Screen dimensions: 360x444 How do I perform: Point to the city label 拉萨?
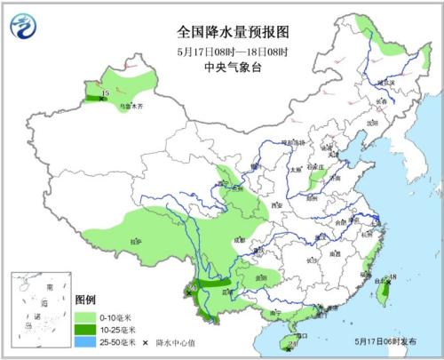click(x=136, y=241)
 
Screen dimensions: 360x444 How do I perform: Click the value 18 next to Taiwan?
click(x=392, y=278)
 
